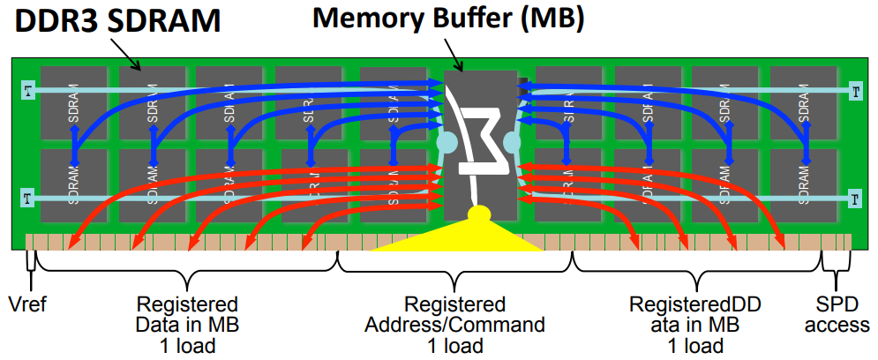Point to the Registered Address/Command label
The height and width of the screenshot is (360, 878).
click(x=454, y=314)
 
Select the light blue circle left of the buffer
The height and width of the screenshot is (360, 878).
click(x=447, y=142)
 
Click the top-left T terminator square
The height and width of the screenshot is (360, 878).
click(x=28, y=90)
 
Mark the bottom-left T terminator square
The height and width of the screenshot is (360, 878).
click(x=28, y=197)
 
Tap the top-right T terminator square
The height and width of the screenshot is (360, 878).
click(x=853, y=90)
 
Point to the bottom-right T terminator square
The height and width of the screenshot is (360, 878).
click(x=853, y=197)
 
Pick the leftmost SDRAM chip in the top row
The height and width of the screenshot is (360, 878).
click(x=72, y=101)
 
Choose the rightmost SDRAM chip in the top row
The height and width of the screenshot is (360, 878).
click(x=804, y=101)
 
